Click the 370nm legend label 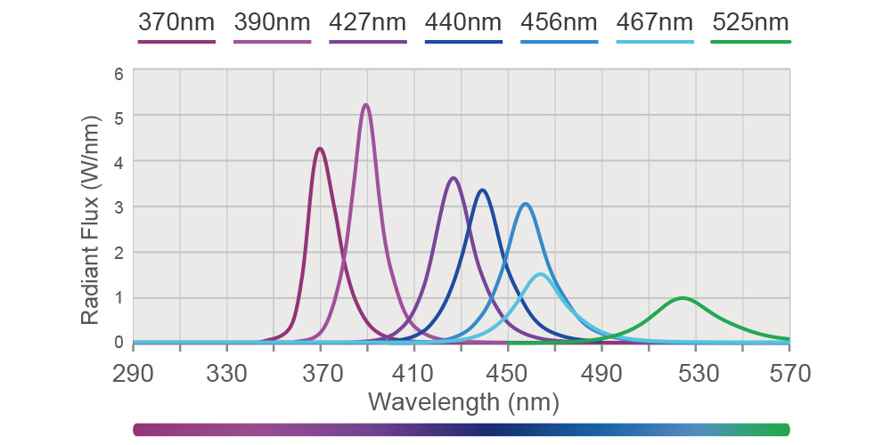[177, 22]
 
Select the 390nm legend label [273, 22]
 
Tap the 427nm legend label [368, 22]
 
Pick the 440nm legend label [463, 22]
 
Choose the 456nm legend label [560, 22]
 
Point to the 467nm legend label [655, 22]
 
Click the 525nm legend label [750, 22]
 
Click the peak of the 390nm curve [365, 105]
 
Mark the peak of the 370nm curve [320, 149]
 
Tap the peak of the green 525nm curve [683, 298]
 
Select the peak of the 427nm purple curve [454, 178]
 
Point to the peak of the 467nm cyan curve [540, 274]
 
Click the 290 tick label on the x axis [134, 372]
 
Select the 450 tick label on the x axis [508, 372]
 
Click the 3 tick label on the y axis [118, 206]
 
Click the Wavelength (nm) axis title [462, 402]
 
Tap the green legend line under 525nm [750, 41]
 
